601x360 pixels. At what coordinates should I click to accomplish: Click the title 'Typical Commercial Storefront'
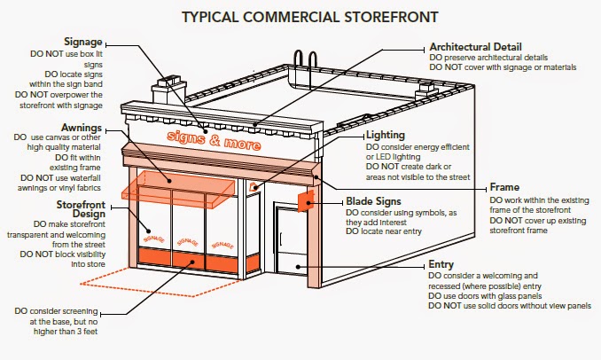[309, 17]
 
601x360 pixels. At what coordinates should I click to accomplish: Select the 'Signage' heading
[83, 42]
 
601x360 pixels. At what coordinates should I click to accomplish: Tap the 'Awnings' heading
[82, 128]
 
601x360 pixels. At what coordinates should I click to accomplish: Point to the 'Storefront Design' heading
[81, 209]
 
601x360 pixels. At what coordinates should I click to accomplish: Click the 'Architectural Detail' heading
[475, 47]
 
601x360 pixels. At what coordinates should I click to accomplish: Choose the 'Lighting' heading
[386, 135]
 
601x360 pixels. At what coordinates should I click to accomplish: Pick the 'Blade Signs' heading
[373, 201]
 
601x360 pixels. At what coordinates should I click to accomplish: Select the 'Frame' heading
[504, 187]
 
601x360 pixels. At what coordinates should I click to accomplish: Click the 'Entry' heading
[441, 264]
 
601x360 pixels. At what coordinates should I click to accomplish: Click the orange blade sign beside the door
[306, 201]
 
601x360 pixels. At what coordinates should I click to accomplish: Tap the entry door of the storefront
[292, 240]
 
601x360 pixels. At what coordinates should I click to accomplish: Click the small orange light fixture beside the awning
[254, 187]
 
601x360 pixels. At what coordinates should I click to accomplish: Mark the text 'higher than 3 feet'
[66, 332]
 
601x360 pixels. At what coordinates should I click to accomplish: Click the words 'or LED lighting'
[393, 157]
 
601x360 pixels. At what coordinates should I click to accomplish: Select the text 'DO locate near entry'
[383, 231]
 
